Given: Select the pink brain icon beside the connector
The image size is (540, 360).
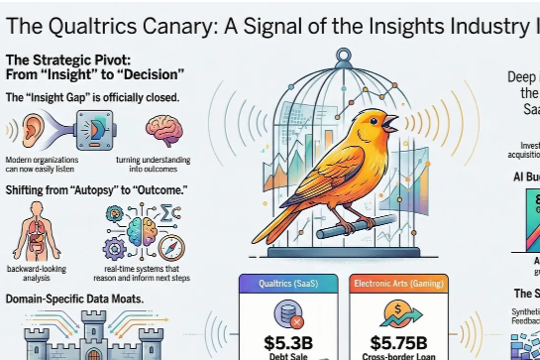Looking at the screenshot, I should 162,129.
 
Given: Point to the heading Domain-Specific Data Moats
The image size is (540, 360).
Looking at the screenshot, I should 75,299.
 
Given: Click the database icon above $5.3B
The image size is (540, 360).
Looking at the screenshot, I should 290,313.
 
